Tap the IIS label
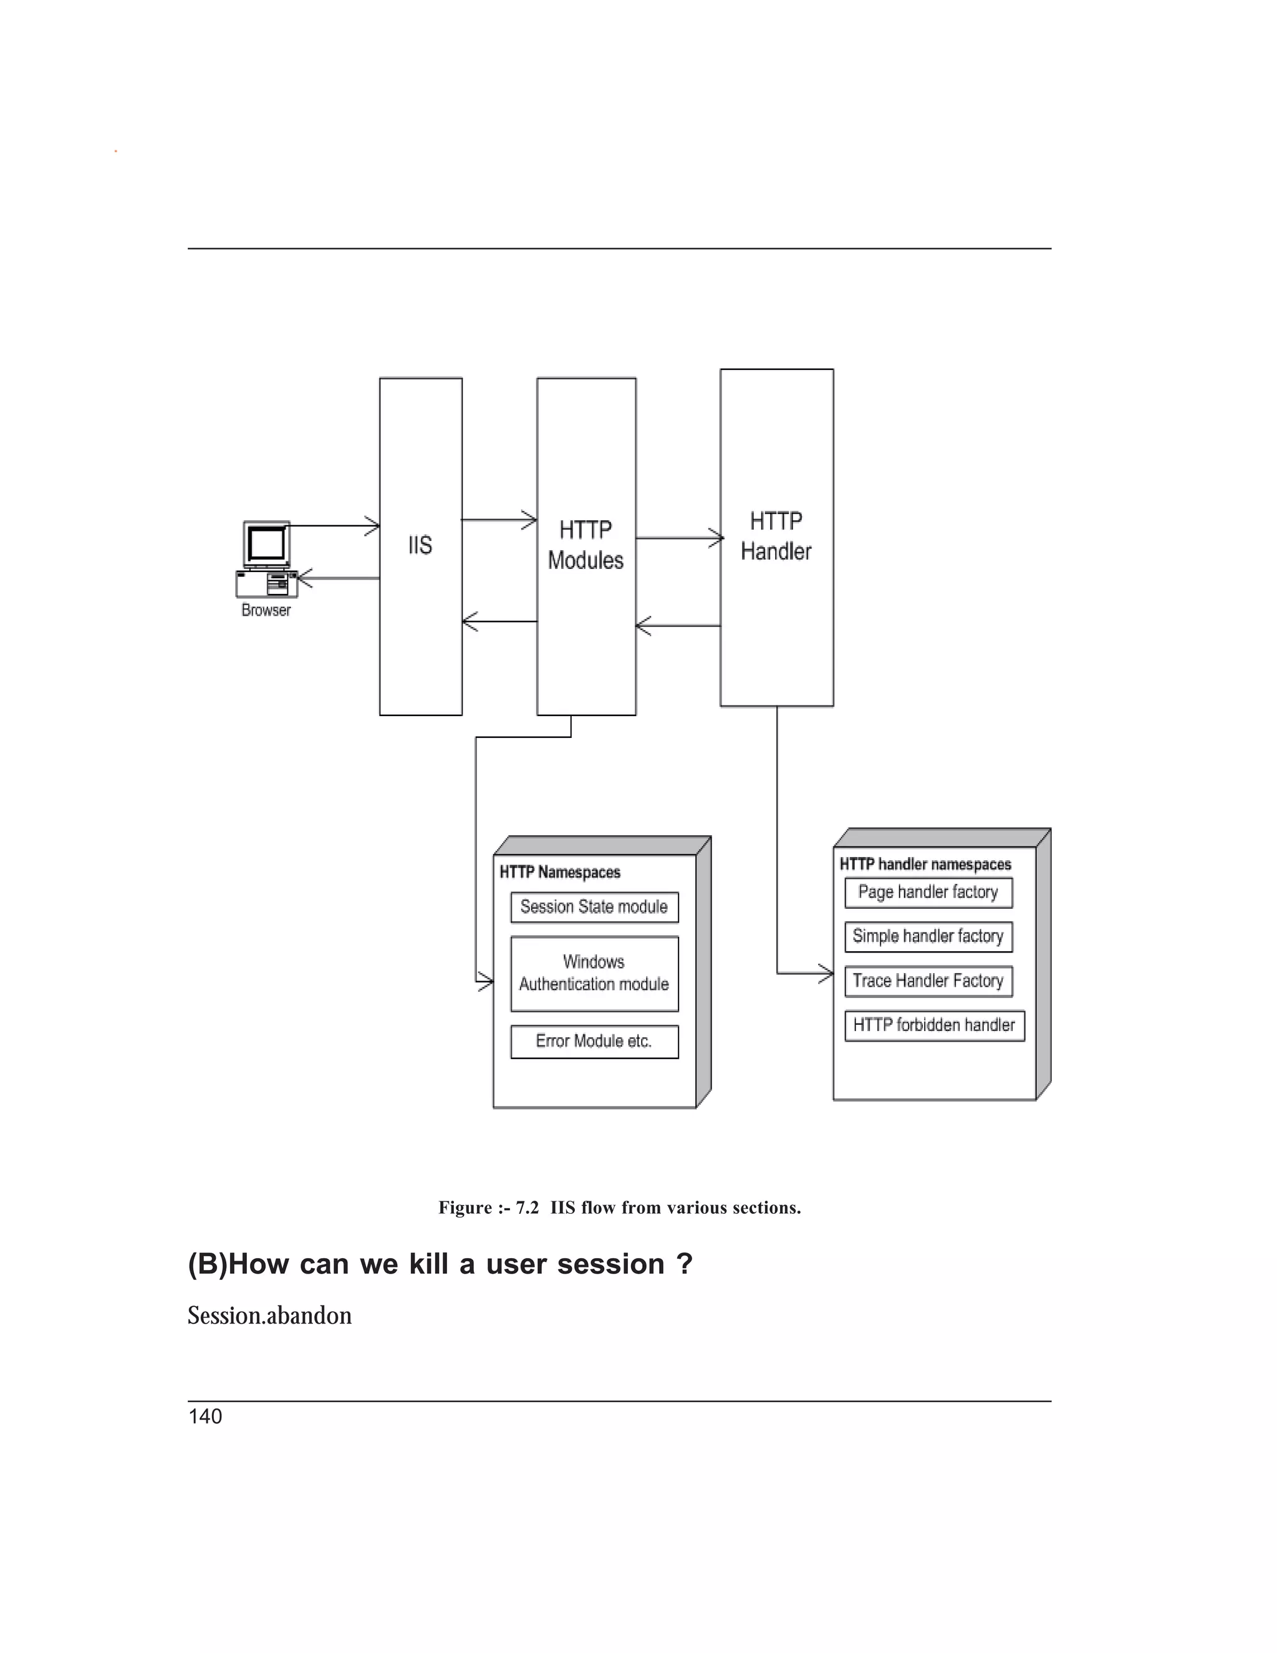tap(420, 545)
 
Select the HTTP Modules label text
tap(585, 545)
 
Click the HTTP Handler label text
tap(776, 536)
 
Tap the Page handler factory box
tap(928, 893)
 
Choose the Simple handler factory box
tap(928, 936)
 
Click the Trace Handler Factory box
tap(928, 981)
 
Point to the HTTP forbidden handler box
tap(934, 1025)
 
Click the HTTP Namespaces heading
tap(560, 872)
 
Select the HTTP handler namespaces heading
tap(925, 865)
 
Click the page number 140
tap(205, 1417)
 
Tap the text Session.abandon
tap(269, 1316)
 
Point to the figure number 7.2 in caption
tap(528, 1207)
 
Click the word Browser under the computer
tap(266, 610)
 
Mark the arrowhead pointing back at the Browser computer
tap(304, 579)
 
